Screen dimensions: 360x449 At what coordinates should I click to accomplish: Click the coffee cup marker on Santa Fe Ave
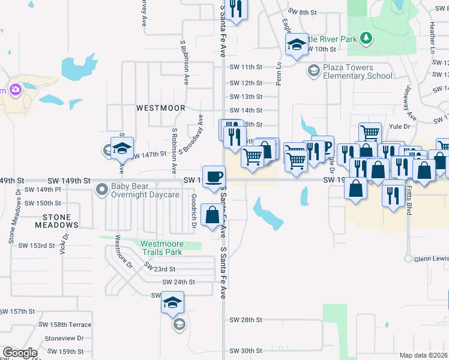(x=214, y=177)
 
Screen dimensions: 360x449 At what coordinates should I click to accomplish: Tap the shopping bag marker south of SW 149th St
(x=212, y=215)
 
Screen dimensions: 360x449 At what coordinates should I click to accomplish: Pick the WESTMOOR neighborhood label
(x=160, y=108)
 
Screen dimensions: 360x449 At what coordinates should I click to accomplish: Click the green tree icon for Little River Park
(x=366, y=39)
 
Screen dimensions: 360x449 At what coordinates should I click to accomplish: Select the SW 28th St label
(x=246, y=320)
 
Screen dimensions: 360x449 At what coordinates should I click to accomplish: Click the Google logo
(x=20, y=352)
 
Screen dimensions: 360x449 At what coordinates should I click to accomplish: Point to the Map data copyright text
(x=424, y=355)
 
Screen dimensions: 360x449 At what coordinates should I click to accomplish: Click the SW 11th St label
(x=246, y=67)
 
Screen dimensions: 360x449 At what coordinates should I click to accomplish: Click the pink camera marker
(x=16, y=90)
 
